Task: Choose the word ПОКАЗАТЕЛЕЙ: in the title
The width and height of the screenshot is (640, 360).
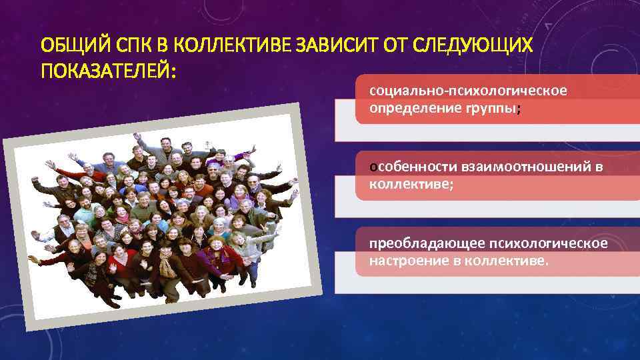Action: pyautogui.click(x=108, y=70)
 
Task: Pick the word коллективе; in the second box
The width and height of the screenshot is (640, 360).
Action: pyautogui.click(x=411, y=183)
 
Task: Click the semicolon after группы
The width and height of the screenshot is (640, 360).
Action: pyautogui.click(x=518, y=109)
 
